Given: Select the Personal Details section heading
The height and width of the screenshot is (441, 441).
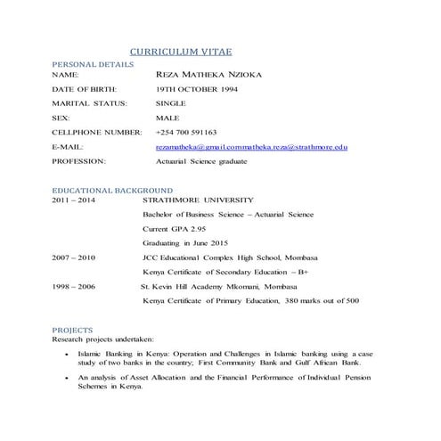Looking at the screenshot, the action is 94,65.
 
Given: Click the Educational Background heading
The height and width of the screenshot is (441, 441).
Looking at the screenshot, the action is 112,191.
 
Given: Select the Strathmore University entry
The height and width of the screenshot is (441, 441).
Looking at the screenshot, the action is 198,200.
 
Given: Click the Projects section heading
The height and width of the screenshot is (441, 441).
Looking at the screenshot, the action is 73,330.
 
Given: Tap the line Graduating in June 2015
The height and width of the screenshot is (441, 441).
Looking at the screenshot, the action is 185,243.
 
